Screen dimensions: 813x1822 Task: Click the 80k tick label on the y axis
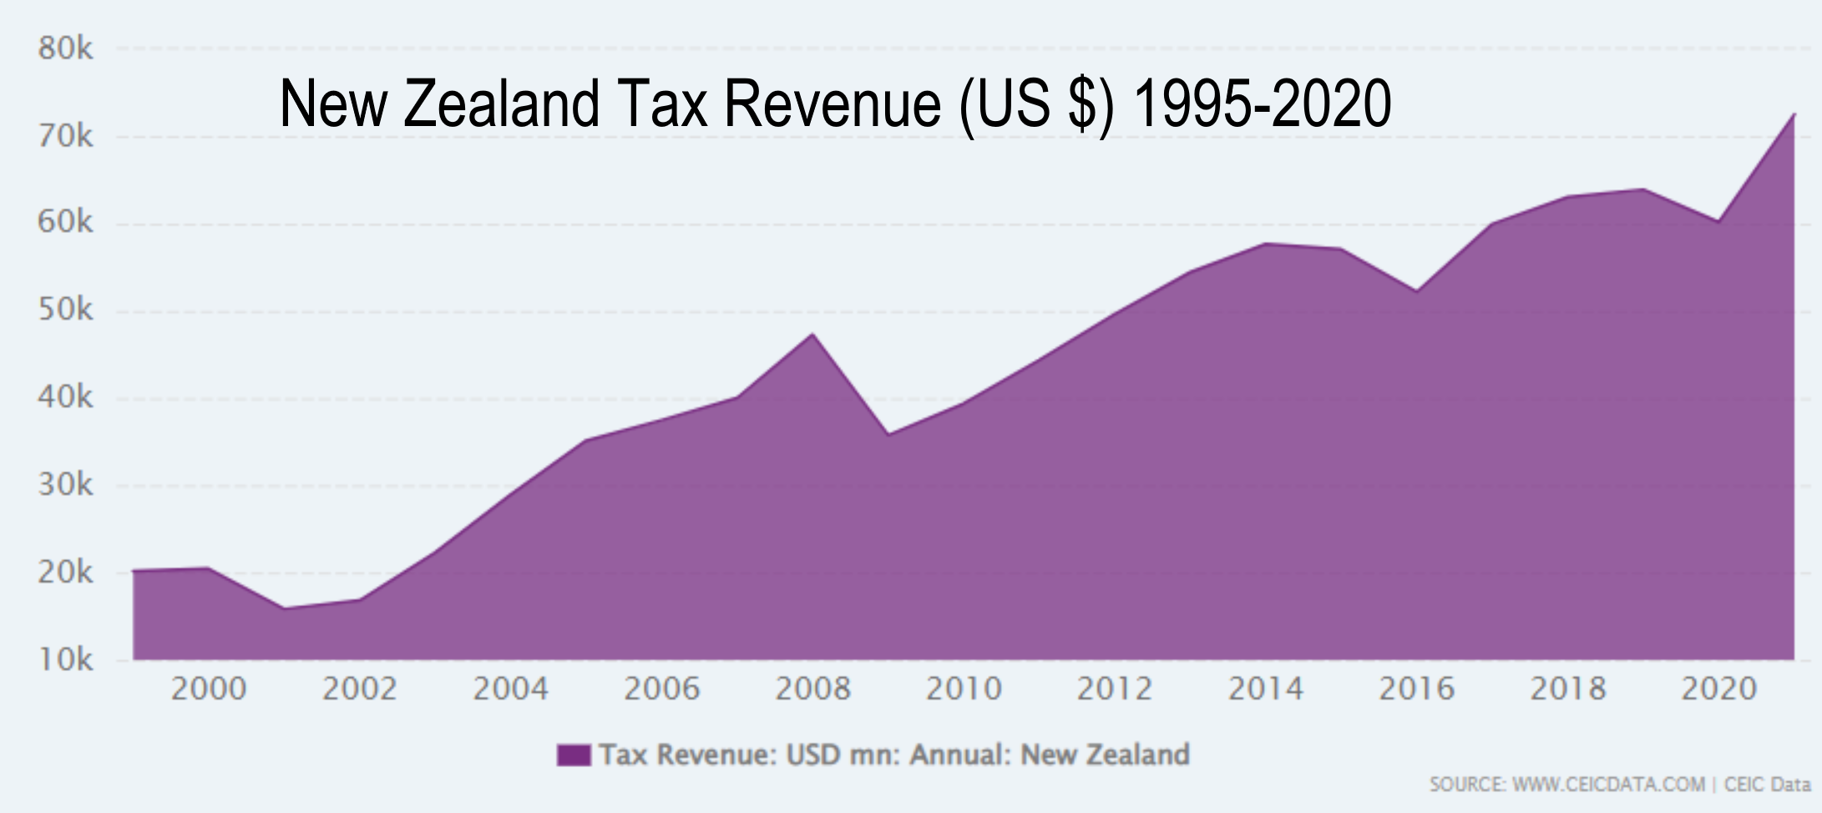click(65, 48)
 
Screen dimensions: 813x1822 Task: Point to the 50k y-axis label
click(65, 311)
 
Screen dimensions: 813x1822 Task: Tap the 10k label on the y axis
click(65, 659)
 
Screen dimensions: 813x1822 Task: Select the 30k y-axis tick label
click(65, 485)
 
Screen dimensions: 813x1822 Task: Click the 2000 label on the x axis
click(209, 689)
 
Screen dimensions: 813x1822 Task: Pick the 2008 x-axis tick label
click(812, 689)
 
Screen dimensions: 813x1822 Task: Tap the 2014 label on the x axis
click(1265, 689)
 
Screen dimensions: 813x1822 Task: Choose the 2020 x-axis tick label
click(1718, 689)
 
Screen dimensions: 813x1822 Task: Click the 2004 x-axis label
click(510, 689)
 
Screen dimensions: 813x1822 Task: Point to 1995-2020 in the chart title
click(1262, 104)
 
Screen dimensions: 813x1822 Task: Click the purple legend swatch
click(574, 755)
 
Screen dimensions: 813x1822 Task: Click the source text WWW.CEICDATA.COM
click(1608, 785)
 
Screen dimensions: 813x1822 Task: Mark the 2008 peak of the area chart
click(812, 334)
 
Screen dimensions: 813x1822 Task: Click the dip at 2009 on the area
click(888, 434)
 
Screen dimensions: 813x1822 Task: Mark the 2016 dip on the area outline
click(1416, 291)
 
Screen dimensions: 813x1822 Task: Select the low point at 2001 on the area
click(284, 608)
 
